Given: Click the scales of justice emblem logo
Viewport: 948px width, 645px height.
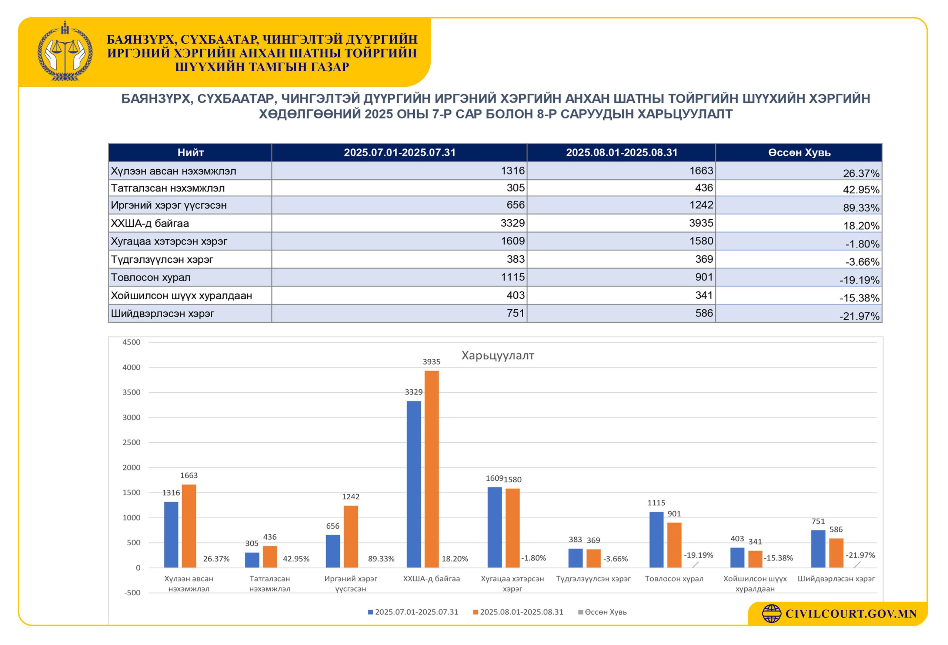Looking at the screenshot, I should tap(65, 51).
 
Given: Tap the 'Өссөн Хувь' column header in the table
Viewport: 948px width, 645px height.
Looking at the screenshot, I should tap(799, 153).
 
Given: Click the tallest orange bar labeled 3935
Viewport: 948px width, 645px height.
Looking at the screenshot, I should tap(431, 469).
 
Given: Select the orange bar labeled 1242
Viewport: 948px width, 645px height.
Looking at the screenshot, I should tap(351, 536).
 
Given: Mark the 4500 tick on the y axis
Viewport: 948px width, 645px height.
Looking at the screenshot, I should tap(131, 342).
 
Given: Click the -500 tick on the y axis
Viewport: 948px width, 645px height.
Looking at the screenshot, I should tap(132, 593).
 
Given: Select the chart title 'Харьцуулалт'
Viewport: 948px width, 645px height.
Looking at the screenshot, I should tap(498, 355).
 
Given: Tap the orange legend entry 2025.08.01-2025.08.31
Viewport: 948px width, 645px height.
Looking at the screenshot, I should tap(518, 612).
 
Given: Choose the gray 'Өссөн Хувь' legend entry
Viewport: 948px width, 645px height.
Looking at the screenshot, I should tap(602, 612).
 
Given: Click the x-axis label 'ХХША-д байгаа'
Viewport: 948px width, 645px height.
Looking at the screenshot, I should tap(431, 579).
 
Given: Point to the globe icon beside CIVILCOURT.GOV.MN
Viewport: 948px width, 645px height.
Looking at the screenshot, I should tap(771, 614).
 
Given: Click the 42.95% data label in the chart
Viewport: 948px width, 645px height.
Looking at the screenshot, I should tap(296, 559).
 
